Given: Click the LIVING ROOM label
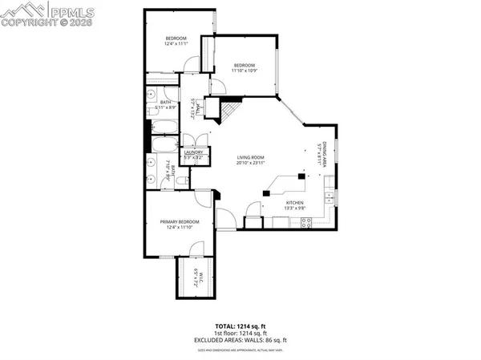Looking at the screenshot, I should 250,157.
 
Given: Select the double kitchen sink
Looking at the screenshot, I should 329,196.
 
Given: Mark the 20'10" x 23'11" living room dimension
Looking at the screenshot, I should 250,164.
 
